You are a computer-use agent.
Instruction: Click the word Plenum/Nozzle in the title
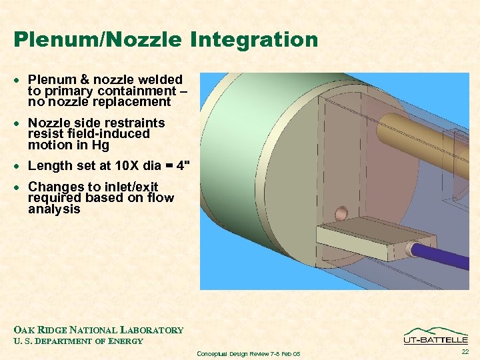pos(97,40)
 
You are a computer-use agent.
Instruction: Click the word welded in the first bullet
pos(159,80)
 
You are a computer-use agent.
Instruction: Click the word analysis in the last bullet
pos(54,209)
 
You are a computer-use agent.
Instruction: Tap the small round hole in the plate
pos(341,213)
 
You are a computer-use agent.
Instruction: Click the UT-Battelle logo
pos(435,335)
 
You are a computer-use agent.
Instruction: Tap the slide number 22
pos(464,351)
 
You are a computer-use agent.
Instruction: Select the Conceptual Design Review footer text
pos(249,353)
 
